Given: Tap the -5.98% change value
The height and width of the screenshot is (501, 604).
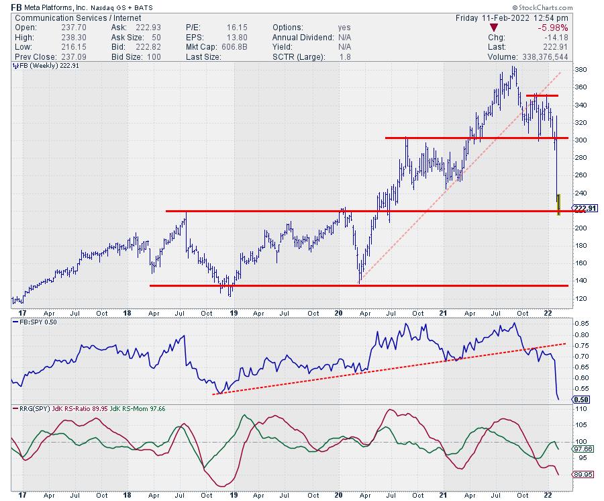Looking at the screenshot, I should (x=573, y=28).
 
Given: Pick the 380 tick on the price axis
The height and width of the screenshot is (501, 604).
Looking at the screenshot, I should (x=581, y=70).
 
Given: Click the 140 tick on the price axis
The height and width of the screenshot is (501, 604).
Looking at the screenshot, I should (x=581, y=280).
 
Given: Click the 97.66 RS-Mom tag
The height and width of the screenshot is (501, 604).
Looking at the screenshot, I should (x=583, y=448).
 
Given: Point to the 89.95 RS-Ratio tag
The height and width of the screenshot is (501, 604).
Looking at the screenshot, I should (x=583, y=474).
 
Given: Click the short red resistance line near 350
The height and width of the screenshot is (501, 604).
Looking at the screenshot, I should (x=542, y=96).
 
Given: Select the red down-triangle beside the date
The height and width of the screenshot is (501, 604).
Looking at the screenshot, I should (x=493, y=28).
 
